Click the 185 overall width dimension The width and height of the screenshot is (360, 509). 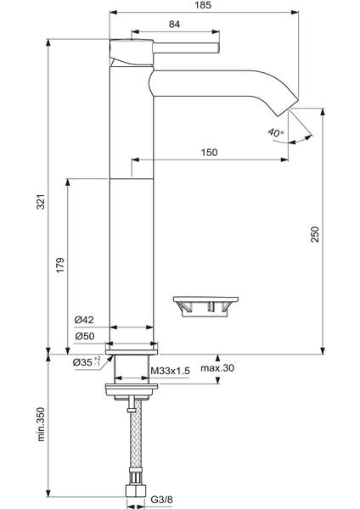pos(204,5)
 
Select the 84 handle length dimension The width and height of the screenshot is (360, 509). pos(174,25)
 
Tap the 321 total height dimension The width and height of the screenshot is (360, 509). pos(41,202)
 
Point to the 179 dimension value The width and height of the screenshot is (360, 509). pos(60,266)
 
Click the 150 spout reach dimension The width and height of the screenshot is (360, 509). pos(209,152)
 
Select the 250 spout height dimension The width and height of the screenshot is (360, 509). pos(315,234)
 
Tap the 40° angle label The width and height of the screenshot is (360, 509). pos(276,133)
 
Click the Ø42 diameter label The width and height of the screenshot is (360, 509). pos(84,320)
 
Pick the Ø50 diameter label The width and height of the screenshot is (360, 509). pos(84,336)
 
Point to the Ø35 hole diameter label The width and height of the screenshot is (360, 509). pos(87,361)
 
